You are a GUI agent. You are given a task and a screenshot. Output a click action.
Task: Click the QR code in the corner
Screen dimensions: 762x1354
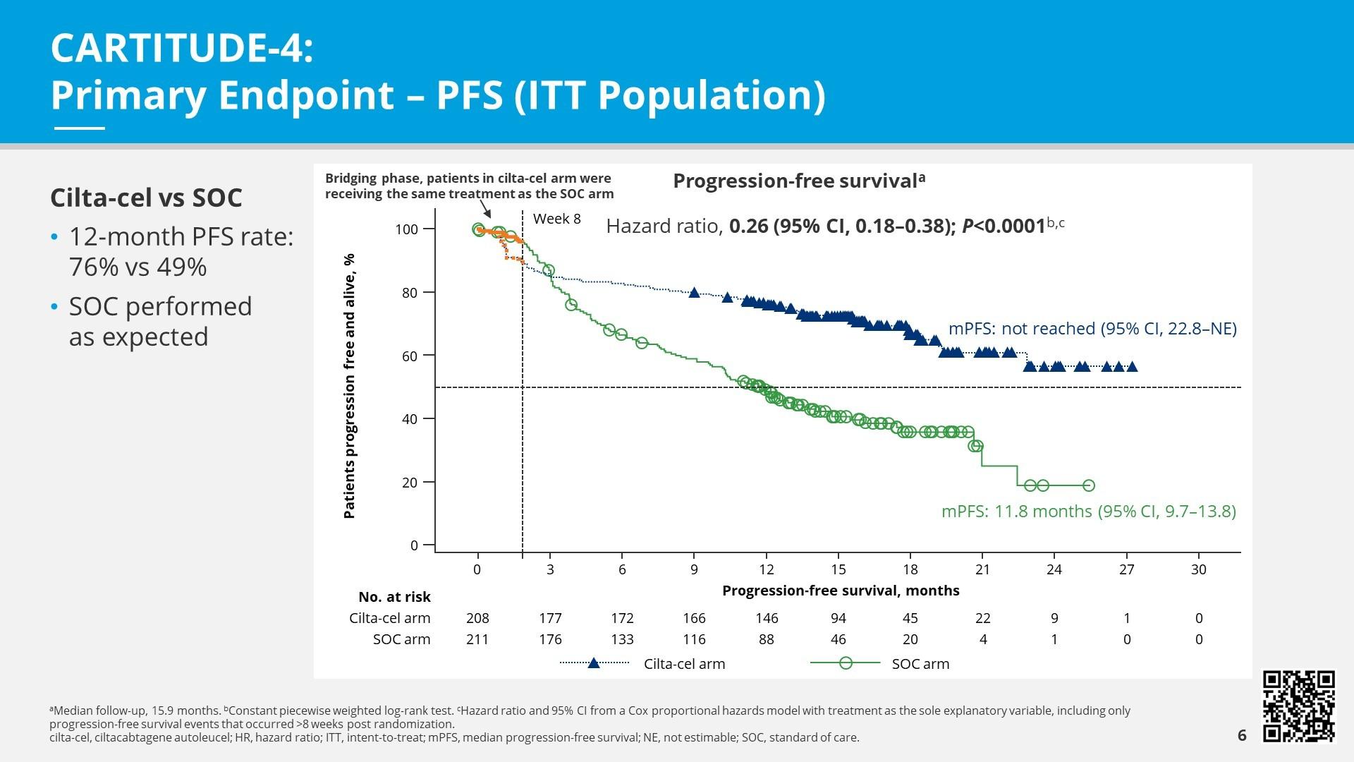[1299, 706]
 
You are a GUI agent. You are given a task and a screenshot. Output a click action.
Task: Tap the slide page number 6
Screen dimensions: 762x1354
[1242, 736]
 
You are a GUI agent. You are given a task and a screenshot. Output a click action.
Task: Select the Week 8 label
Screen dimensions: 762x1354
[556, 219]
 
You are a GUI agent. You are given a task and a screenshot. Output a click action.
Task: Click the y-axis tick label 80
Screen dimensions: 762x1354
[410, 292]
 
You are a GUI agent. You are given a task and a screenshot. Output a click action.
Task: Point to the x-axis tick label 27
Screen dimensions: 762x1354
[1126, 569]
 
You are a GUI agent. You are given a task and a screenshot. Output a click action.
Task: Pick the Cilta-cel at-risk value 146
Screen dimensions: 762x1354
[767, 618]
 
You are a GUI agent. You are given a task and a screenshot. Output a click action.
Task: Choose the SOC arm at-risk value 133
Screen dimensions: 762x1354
[622, 639]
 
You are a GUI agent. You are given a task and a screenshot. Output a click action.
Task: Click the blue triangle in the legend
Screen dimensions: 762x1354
[594, 663]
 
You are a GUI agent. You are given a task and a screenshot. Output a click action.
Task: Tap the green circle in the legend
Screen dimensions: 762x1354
[846, 663]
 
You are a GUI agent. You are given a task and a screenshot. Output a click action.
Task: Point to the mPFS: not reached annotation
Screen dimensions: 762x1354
[1092, 329]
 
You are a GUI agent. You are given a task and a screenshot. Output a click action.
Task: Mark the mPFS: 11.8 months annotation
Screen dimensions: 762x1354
[1088, 511]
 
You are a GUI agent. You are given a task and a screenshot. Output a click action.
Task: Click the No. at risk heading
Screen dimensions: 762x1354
[394, 597]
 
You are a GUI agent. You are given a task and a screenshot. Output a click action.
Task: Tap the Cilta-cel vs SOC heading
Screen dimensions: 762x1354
[146, 198]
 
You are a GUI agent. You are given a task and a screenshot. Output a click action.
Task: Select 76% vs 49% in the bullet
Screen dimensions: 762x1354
[138, 267]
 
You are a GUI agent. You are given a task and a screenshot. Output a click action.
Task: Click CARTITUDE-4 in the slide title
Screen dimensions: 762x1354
[181, 48]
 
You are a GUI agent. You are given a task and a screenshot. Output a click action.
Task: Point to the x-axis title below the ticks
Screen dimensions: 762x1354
[841, 591]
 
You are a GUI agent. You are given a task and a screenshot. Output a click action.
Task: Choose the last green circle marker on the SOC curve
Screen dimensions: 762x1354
[1088, 485]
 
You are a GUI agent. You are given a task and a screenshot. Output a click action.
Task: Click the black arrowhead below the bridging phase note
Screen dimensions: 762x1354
[487, 213]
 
